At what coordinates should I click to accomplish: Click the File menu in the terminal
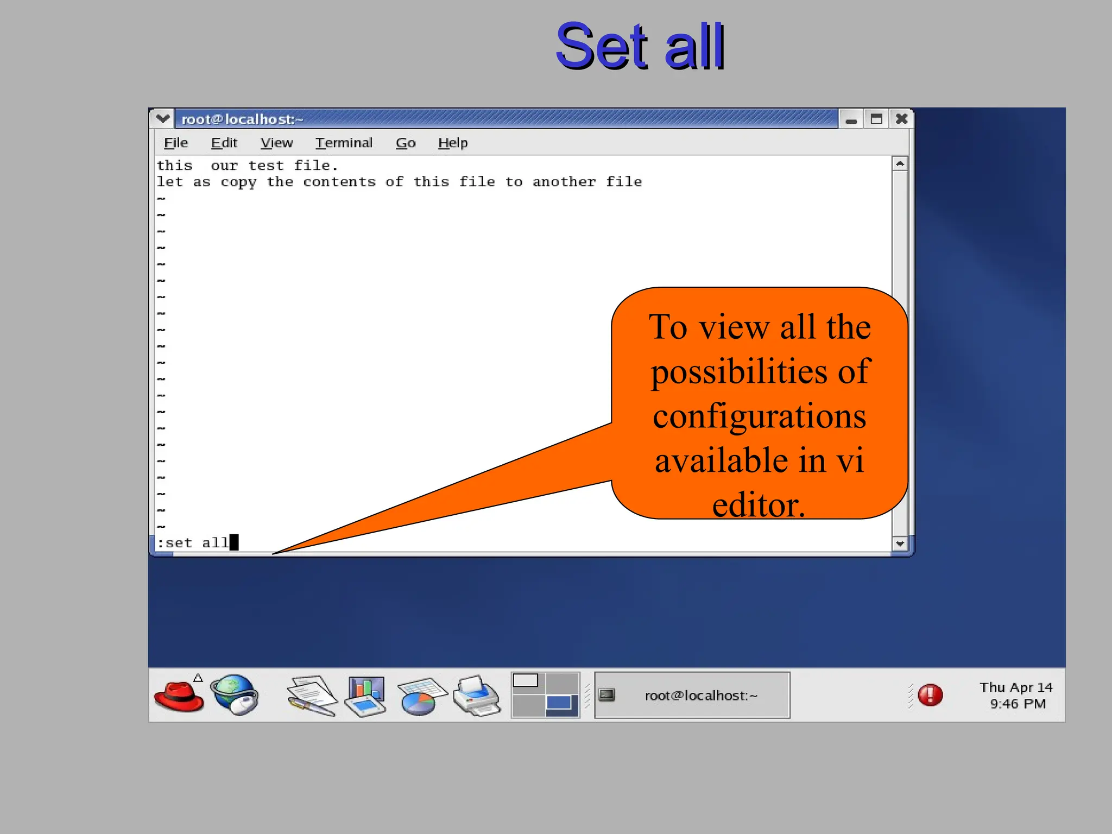coord(176,143)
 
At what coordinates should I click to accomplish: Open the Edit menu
coord(224,143)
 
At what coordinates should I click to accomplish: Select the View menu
coord(276,143)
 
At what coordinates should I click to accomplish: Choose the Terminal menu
coord(344,143)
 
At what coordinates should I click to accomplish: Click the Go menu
coord(406,143)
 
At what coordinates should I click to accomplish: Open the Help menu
coord(453,143)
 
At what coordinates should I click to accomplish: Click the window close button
coord(901,119)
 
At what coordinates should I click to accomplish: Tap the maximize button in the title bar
coord(876,119)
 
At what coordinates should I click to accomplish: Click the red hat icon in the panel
coord(179,696)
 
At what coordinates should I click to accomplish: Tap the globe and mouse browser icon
coord(236,695)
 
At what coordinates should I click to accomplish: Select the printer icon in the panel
coord(477,696)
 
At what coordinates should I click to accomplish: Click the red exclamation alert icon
coord(930,695)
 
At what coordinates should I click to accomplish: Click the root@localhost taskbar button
coord(692,696)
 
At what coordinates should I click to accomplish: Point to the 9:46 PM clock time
coord(1018,704)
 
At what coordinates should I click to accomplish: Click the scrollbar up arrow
coord(900,163)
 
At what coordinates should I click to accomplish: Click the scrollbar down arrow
coord(900,544)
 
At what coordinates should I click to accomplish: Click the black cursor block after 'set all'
coord(234,542)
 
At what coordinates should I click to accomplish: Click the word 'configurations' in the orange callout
coord(759,416)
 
